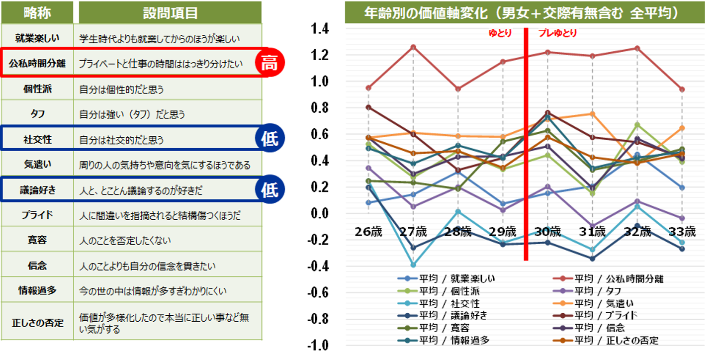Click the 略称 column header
pos(37,12)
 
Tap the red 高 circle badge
pos(269,64)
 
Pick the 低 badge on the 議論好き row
pos(269,190)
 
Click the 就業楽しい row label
pos(37,38)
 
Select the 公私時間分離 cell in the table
pos(37,64)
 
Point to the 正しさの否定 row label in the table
pos(37,323)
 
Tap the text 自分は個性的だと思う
pos(121,90)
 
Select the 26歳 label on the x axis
pos(368,232)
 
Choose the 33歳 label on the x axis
pos(682,232)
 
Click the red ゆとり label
pos(500,34)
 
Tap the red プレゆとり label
pos(557,34)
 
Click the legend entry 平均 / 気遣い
pos(604,303)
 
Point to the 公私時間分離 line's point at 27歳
pos(413,47)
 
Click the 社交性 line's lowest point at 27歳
pos(413,265)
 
